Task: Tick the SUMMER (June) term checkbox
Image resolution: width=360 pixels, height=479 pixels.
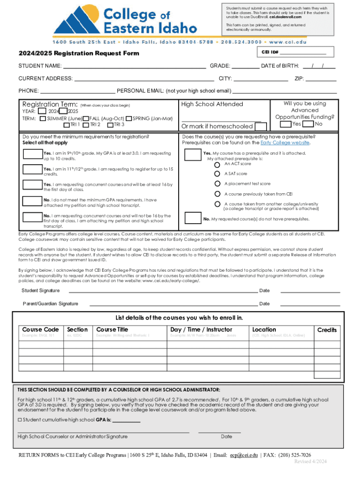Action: coord(43,119)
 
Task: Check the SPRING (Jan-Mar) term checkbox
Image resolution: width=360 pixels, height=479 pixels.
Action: coord(129,119)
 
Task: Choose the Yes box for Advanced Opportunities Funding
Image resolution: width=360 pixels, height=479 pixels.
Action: coord(285,124)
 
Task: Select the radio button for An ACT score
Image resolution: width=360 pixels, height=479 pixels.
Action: coord(217,165)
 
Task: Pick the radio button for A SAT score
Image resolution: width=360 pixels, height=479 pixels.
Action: coord(217,174)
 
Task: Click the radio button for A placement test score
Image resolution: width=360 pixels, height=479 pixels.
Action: coord(217,184)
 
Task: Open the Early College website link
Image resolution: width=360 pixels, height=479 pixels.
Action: coord(285,143)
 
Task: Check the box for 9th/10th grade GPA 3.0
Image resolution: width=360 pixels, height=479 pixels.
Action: coord(33,155)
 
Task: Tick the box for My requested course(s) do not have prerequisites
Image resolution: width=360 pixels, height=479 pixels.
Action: coord(193,218)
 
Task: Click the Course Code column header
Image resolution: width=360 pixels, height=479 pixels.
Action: coord(41,330)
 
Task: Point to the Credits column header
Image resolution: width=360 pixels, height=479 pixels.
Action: coord(327,330)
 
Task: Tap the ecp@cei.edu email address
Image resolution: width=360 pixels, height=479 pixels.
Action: coord(243,455)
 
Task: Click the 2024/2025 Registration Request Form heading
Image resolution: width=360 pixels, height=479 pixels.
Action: coord(79,53)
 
